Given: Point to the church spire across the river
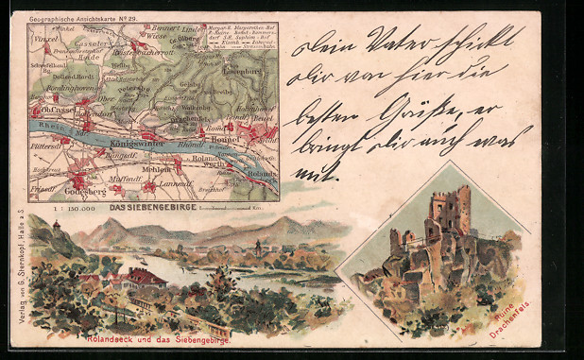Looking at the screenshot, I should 256,248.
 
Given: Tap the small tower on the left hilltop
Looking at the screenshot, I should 57,227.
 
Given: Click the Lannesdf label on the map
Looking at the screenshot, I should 177,185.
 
